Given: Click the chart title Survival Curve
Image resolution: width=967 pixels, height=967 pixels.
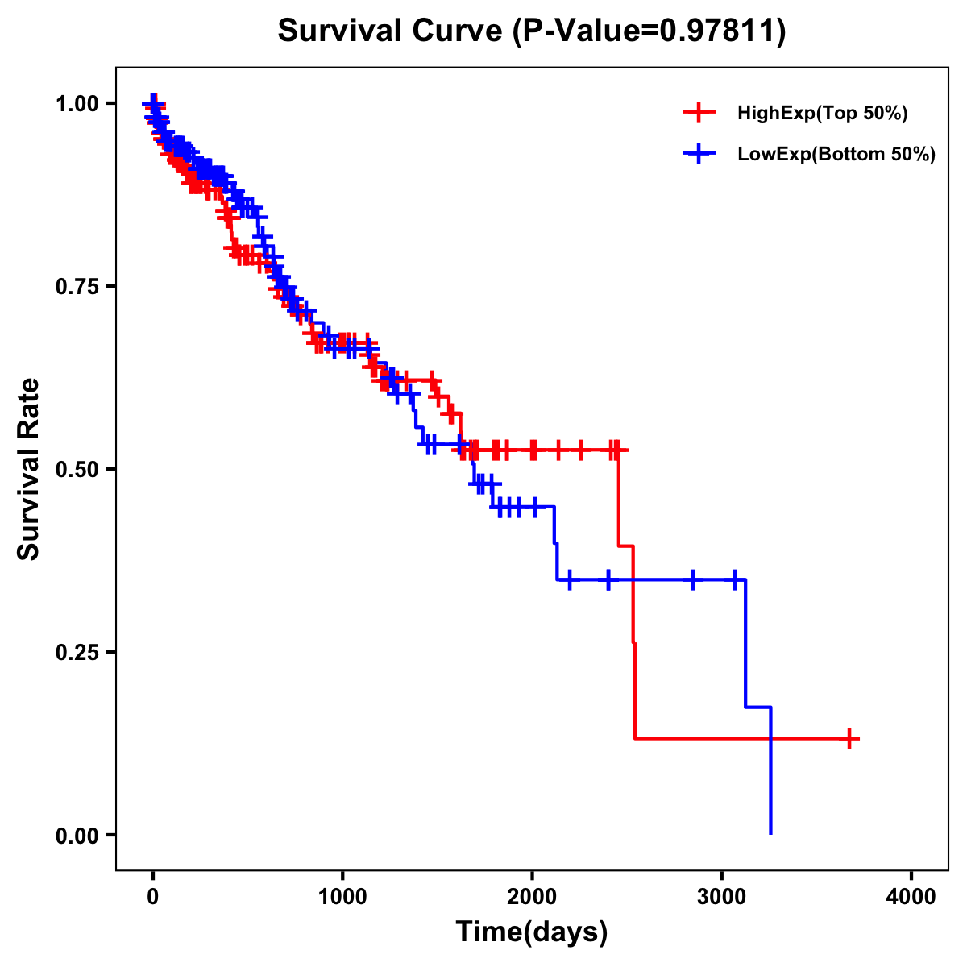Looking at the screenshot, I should (390, 31).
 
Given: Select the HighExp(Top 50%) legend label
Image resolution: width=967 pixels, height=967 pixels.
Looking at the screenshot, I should (823, 114).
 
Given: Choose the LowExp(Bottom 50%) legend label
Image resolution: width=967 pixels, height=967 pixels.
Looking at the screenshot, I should (836, 155).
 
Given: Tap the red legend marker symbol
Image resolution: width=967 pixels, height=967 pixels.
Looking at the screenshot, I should (699, 114).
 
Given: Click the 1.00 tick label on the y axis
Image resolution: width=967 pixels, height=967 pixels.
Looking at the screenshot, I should (77, 104).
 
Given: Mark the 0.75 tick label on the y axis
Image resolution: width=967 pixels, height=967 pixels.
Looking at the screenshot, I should (77, 287).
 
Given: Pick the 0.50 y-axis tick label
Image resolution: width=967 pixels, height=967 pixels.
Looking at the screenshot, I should (77, 470).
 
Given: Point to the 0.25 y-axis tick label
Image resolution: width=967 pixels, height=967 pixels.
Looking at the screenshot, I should (77, 653).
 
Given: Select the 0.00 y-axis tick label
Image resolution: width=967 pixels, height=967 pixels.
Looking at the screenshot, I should (77, 836).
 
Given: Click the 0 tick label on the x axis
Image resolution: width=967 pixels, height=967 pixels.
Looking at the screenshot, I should (153, 897).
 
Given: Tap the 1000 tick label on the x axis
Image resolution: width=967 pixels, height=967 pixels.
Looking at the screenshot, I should (342, 897).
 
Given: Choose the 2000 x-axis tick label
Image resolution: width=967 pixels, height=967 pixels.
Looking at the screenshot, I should (532, 897).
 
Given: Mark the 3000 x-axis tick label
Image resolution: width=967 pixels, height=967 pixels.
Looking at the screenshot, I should (722, 897).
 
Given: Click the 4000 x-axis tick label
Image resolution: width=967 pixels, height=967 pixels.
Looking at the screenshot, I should (911, 897).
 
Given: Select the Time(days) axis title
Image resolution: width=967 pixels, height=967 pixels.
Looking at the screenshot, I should (532, 932).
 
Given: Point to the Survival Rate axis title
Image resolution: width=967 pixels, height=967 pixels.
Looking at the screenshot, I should (29, 469).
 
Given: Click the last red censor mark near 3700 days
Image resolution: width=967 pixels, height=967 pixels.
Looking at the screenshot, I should (849, 738).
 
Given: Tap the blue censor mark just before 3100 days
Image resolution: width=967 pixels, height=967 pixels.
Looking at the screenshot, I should (735, 579).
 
